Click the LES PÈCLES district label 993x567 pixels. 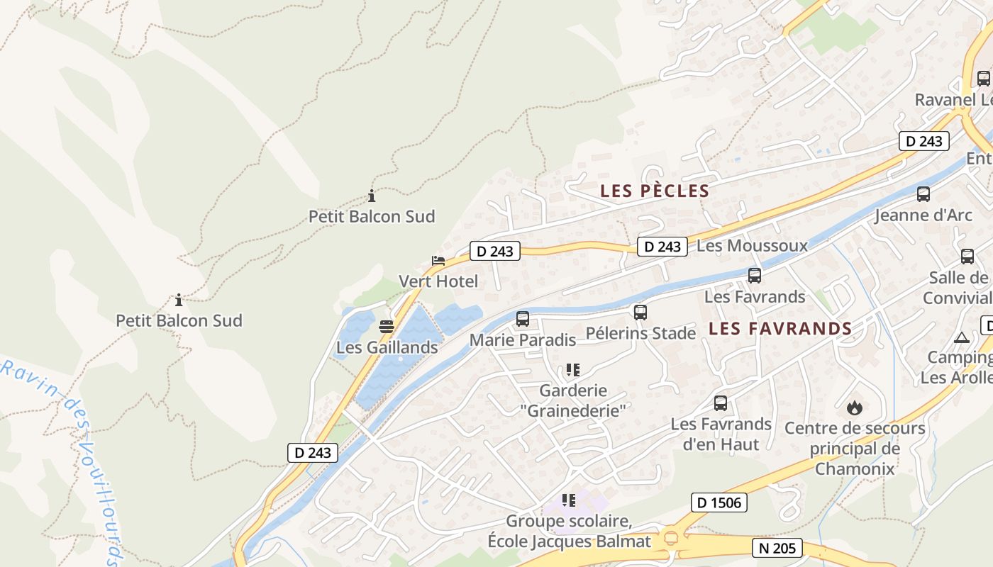click(655, 191)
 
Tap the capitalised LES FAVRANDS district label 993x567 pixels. click(780, 328)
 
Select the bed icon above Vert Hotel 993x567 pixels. click(438, 261)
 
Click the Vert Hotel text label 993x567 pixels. click(438, 281)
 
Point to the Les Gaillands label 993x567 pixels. click(387, 347)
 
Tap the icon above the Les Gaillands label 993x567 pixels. click(387, 327)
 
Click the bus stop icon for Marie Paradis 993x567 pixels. click(523, 319)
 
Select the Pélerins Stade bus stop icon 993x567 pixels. click(640, 312)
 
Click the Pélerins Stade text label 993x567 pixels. click(640, 333)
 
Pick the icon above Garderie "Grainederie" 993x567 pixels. click(572, 370)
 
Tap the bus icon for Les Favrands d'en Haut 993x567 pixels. click(721, 403)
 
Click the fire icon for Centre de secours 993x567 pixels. click(854, 408)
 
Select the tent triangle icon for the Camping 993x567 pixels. click(961, 337)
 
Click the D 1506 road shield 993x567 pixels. click(719, 503)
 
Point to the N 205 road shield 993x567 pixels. click(777, 547)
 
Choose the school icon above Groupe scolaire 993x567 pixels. click(568, 500)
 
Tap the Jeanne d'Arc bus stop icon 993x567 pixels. click(923, 193)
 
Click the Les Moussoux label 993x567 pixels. click(752, 246)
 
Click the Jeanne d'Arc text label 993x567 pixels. click(923, 215)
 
